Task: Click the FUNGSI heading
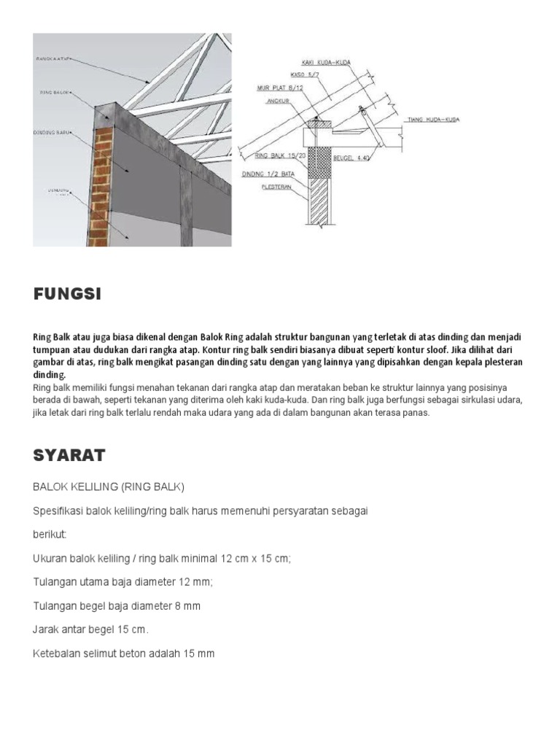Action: click(x=67, y=295)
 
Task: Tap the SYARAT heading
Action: click(x=69, y=456)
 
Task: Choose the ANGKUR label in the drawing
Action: click(x=276, y=103)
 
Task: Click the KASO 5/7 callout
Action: click(x=300, y=74)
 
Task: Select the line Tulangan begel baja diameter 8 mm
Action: click(x=117, y=606)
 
